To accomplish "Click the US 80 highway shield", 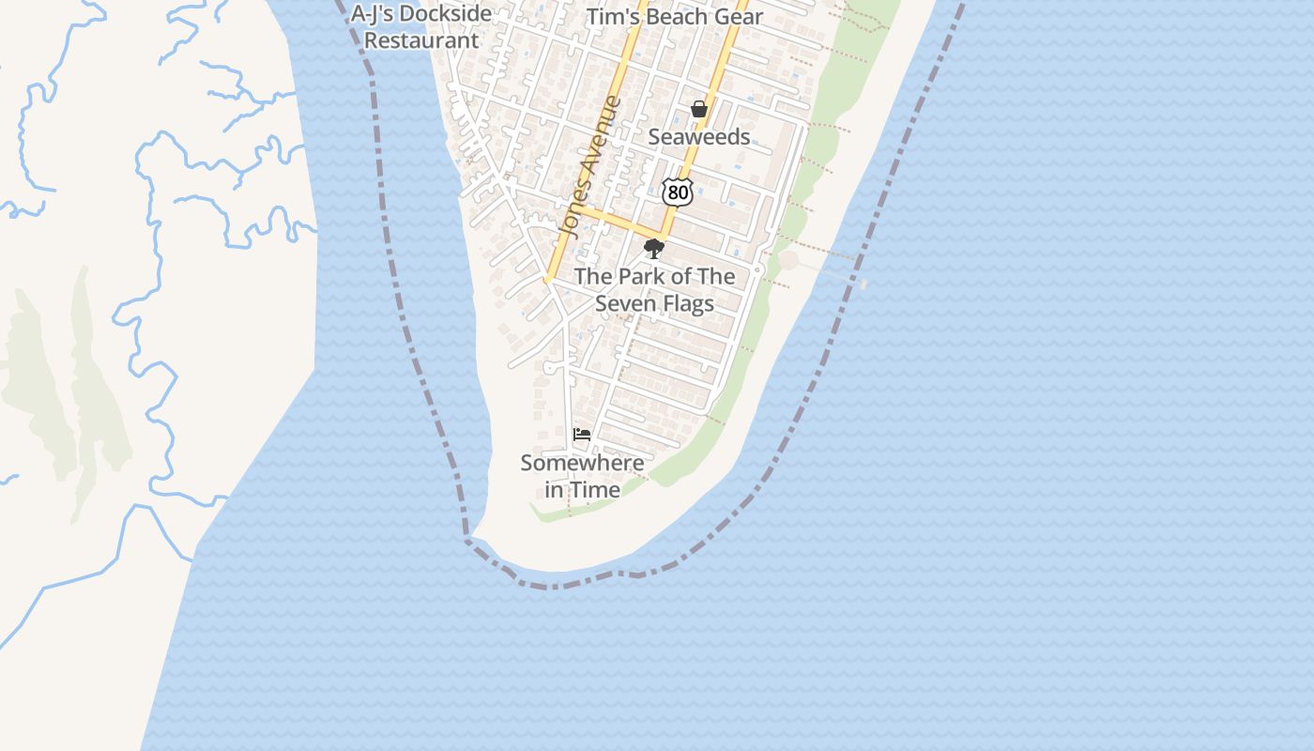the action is point(677,192).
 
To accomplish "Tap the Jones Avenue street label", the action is point(590,165).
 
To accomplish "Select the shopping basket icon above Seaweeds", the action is point(699,110).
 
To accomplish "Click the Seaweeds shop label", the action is point(699,137).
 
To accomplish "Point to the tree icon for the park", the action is point(654,249).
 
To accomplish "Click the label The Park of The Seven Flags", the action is point(654,290).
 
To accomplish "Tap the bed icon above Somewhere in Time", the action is point(582,435).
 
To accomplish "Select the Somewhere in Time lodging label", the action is point(582,476).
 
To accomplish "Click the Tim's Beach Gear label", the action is point(674,17).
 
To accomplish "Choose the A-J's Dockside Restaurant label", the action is point(421,27).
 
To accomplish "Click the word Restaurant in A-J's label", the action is point(421,40).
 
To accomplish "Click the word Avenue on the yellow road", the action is point(599,135).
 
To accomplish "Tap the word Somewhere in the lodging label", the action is point(582,463).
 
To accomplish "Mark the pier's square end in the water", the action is point(863,284).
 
